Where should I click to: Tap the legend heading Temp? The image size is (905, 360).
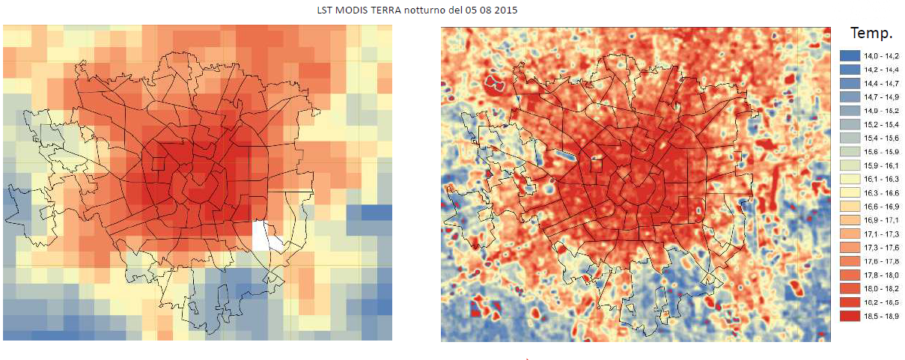(x=871, y=33)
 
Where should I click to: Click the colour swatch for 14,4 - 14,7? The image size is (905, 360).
(x=850, y=83)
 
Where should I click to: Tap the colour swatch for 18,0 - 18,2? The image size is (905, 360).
(x=850, y=288)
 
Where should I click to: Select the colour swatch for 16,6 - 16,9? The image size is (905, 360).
(x=850, y=206)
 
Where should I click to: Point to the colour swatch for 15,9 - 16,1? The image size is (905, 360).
(x=850, y=165)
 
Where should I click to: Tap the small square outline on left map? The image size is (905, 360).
(x=158, y=165)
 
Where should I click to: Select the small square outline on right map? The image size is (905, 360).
(x=596, y=165)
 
